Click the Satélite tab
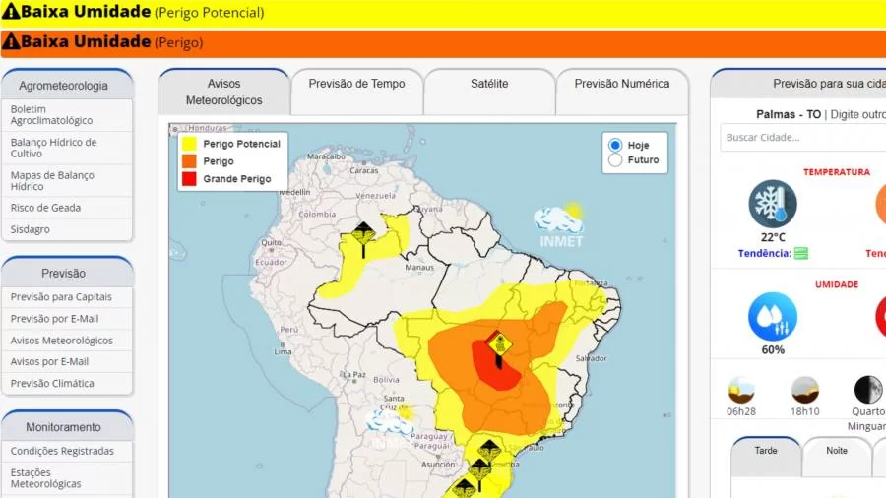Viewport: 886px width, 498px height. click(489, 85)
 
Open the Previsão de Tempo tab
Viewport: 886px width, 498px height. click(356, 85)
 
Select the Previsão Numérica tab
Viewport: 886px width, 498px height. click(621, 85)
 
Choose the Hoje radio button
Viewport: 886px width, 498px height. click(616, 145)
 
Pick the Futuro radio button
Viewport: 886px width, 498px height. click(616, 160)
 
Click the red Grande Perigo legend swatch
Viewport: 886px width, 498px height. click(188, 179)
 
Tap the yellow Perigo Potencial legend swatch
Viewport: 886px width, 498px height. click(188, 144)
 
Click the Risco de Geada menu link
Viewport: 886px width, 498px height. click(45, 208)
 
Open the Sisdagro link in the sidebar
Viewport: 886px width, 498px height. click(31, 229)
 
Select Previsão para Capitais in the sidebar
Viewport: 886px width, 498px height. click(61, 297)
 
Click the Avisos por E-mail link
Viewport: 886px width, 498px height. click(49, 362)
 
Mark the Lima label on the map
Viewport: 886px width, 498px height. click(283, 351)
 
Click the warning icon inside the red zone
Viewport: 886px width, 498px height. click(498, 343)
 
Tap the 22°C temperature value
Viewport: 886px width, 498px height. click(773, 237)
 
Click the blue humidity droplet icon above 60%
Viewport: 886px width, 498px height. click(773, 317)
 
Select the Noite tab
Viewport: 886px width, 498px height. click(837, 451)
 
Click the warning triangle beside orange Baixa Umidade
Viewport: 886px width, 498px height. click(11, 42)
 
